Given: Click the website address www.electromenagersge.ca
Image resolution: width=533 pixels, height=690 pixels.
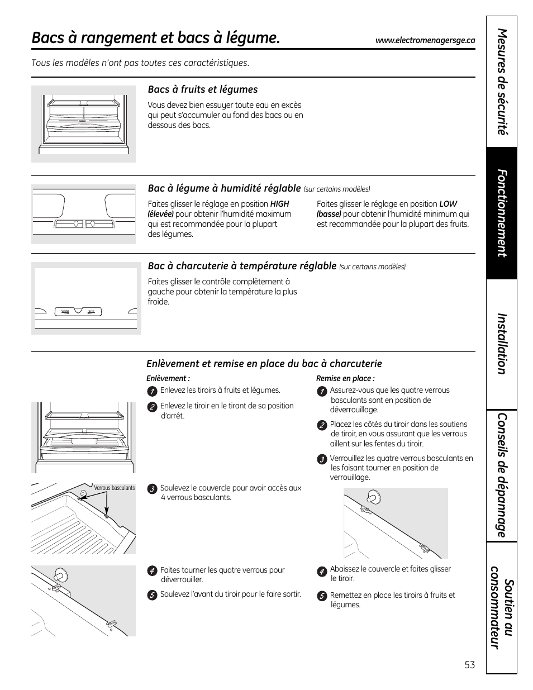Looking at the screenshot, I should click(x=425, y=40).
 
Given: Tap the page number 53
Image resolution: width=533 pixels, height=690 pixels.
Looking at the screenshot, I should click(x=469, y=665).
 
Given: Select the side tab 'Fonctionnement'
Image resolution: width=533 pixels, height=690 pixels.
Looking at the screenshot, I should click(x=502, y=213).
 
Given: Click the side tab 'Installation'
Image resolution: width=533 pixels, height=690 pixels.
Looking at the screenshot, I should click(x=502, y=343).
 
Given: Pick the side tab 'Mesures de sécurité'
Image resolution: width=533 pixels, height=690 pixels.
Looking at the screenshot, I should click(x=502, y=82).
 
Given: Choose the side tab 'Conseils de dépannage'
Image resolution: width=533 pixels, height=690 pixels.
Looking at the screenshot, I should click(x=502, y=475).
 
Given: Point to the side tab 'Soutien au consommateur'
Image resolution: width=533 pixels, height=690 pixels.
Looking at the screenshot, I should click(x=502, y=614).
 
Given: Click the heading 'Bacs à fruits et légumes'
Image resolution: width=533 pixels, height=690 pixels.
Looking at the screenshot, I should click(x=202, y=89).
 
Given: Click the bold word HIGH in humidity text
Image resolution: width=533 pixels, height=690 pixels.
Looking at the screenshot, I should click(x=279, y=204).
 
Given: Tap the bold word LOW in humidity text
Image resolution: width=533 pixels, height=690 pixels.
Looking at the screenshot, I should click(x=448, y=204).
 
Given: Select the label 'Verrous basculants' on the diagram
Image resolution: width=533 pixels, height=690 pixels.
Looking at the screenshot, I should click(x=114, y=488).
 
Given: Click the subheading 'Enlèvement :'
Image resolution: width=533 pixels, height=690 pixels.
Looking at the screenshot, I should click(x=168, y=378).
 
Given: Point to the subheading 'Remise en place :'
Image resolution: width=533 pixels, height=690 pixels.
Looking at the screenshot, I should click(x=345, y=378).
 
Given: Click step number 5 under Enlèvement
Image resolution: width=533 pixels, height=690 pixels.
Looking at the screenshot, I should click(x=151, y=595).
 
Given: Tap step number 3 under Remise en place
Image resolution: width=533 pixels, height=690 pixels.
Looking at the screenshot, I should click(x=321, y=459).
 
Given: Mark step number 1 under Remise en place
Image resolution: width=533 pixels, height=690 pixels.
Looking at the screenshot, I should click(x=321, y=391).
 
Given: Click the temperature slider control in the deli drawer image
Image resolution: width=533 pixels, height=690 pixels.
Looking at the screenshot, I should click(x=78, y=311).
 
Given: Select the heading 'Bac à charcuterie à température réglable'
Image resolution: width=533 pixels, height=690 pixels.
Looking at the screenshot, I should click(x=242, y=266).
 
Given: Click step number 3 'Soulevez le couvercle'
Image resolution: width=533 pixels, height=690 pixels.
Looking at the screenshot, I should click(x=151, y=489).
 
